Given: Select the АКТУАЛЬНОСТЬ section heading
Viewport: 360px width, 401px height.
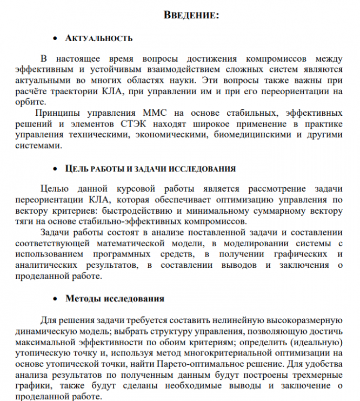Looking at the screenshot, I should pyautogui.click(x=99, y=39).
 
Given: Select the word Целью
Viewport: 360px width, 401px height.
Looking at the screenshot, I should pyautogui.click(x=54, y=189).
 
